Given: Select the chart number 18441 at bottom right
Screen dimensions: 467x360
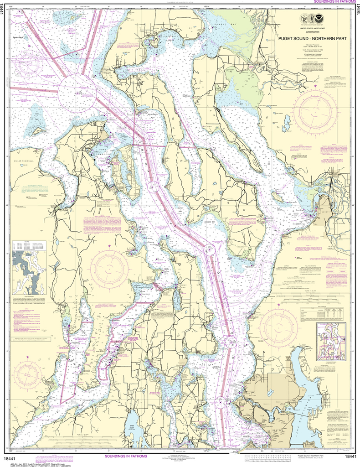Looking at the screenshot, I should point(350,457).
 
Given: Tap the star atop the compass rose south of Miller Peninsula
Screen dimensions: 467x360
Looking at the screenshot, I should point(109,246).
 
